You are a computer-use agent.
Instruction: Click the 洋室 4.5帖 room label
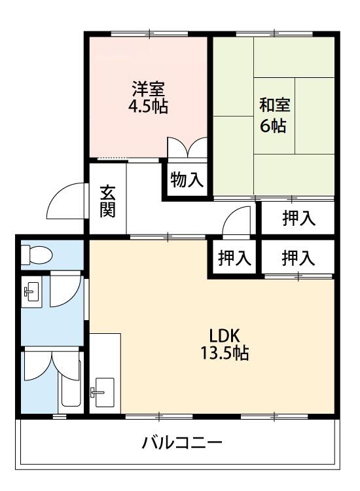[148, 97]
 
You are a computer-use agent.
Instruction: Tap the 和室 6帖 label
[275, 115]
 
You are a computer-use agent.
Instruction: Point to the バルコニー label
[182, 443]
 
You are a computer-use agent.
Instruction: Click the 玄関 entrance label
[108, 202]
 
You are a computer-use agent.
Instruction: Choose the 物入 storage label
[187, 180]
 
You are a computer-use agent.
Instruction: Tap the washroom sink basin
[31, 291]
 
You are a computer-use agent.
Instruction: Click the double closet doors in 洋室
[187, 147]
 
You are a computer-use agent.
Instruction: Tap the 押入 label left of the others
[234, 259]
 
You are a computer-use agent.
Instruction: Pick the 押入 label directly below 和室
[298, 218]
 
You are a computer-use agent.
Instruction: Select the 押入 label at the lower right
[298, 259]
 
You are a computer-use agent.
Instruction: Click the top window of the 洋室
[149, 33]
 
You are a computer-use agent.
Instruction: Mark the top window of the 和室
[274, 33]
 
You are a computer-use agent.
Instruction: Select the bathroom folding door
[52, 365]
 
